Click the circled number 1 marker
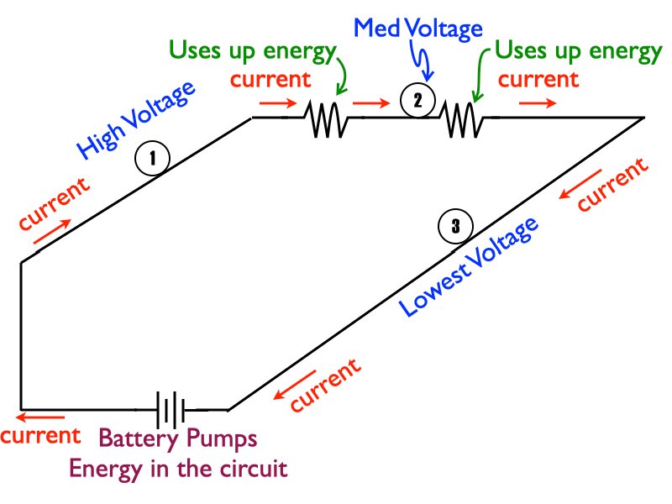pyautogui.click(x=155, y=158)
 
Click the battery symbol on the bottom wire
pyautogui.click(x=171, y=411)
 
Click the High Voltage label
pyautogui.click(x=136, y=121)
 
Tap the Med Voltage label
pyautogui.click(x=418, y=29)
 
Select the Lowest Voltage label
pyautogui.click(x=468, y=267)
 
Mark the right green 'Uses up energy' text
pyautogui.click(x=578, y=51)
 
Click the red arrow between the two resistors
pyautogui.click(x=370, y=105)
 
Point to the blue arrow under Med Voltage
pyautogui.click(x=425, y=67)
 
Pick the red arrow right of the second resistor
pyautogui.click(x=537, y=104)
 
